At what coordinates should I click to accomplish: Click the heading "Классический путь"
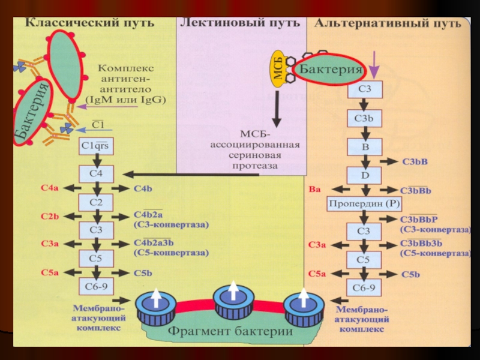tap(89, 23)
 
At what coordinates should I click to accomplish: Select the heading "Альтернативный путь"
tap(388, 23)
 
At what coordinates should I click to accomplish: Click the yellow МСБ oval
tap(278, 69)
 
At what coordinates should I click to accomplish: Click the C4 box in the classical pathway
tap(96, 174)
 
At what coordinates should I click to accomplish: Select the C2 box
tap(96, 202)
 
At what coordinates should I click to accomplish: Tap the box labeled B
tap(364, 147)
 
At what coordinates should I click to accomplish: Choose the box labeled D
tap(364, 175)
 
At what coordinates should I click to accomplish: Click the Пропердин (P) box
tap(364, 204)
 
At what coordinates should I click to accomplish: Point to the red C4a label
tap(50, 188)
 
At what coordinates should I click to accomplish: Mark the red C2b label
tap(50, 217)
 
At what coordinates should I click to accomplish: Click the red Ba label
tap(314, 190)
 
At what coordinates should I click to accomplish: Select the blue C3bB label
tap(415, 161)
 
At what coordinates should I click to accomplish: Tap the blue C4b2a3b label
tap(154, 242)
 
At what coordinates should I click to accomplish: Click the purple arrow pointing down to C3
tap(373, 64)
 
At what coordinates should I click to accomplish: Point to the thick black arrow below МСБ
tap(277, 109)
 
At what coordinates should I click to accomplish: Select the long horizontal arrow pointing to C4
tap(191, 175)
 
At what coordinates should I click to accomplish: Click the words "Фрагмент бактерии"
tap(230, 331)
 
